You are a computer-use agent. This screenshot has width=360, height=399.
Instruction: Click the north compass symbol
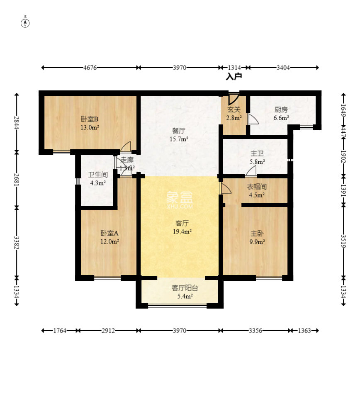[x=25, y=23]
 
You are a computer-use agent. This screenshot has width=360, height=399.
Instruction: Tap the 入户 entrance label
[x=234, y=76]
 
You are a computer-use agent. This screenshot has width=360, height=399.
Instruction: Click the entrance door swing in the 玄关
[x=234, y=99]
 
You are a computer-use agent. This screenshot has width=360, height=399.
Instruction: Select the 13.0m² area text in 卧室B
[x=90, y=127]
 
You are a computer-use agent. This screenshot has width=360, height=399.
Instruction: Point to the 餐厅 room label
[x=179, y=131]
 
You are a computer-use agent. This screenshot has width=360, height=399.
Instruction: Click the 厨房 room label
[x=281, y=109]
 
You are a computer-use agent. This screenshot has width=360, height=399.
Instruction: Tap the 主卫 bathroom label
[x=257, y=153]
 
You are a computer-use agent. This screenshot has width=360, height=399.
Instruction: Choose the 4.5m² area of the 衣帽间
[x=257, y=195]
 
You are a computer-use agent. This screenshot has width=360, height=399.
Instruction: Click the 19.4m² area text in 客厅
[x=182, y=231]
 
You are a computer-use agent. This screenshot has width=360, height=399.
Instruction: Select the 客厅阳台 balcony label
[x=185, y=288]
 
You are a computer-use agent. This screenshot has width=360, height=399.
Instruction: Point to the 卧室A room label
[x=109, y=233]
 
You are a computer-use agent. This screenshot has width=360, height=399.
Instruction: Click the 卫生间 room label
[x=98, y=175]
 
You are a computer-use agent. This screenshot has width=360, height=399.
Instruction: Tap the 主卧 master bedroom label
[x=257, y=234]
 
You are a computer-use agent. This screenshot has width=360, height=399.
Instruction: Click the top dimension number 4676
[x=90, y=68]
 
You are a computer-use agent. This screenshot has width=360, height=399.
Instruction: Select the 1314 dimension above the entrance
[x=234, y=68]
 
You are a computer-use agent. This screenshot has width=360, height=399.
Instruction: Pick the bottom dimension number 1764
[x=60, y=331]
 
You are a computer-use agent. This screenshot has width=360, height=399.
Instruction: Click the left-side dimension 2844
[x=17, y=123]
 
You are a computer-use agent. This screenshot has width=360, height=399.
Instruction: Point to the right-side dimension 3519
[x=343, y=241]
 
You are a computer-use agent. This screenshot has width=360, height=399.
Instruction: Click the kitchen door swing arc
[x=254, y=119]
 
